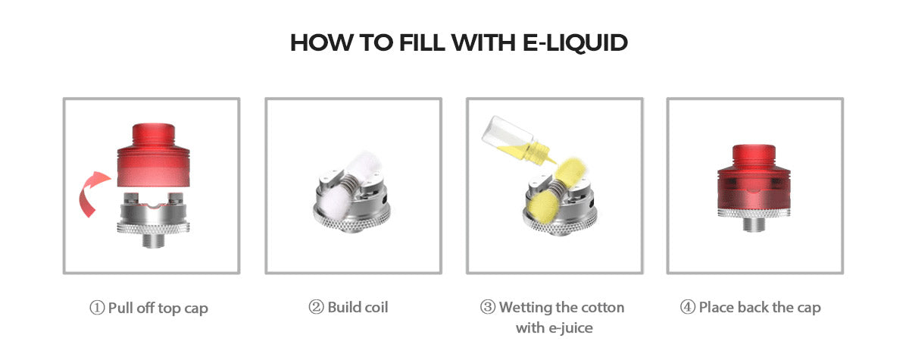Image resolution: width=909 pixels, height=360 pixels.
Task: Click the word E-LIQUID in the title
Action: tap(575, 42)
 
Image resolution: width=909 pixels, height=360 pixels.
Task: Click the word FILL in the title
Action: tap(422, 42)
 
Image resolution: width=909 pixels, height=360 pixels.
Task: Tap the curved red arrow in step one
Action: tap(92, 193)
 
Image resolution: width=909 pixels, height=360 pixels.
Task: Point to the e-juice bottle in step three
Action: tap(517, 140)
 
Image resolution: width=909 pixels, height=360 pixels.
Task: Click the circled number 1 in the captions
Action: tap(97, 308)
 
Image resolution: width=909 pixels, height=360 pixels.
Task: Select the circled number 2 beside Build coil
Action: tap(316, 307)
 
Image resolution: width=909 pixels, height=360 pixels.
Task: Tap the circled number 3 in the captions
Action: tap(488, 307)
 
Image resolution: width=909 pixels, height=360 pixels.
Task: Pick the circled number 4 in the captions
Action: tap(688, 307)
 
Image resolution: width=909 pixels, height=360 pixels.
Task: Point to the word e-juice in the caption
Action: tap(570, 328)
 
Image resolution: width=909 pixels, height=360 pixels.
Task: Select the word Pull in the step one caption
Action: tap(120, 308)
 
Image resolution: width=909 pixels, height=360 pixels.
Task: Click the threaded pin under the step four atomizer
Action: tap(754, 225)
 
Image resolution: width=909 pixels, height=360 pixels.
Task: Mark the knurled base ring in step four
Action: tap(754, 213)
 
